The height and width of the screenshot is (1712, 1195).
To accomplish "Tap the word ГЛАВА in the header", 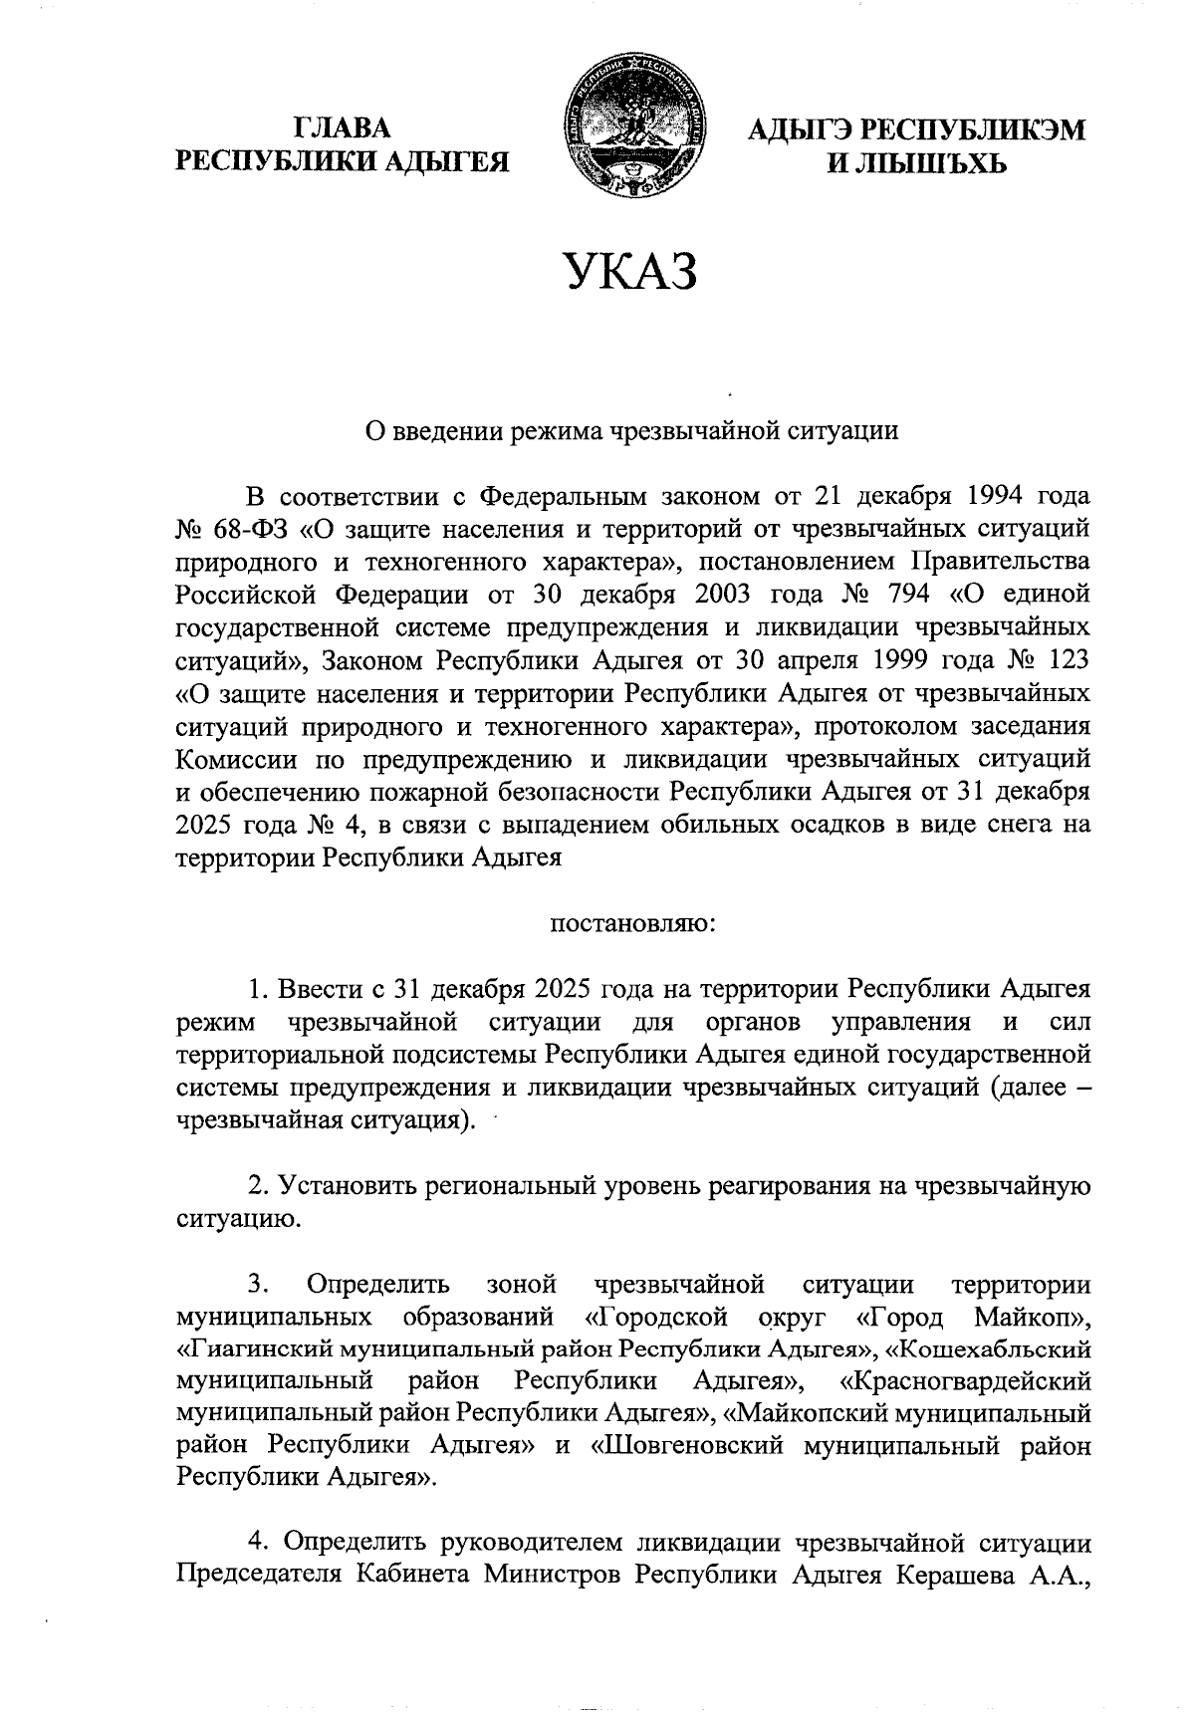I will pyautogui.click(x=343, y=128).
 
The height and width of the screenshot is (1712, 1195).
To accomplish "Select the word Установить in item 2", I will pyautogui.click(x=347, y=1186).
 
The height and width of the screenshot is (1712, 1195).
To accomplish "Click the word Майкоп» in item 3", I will pyautogui.click(x=1033, y=1318).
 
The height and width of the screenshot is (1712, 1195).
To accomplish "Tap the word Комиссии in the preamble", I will pyautogui.click(x=235, y=759).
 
